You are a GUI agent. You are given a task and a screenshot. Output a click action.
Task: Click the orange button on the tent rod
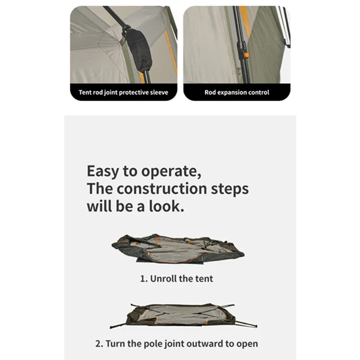pyautogui.click(x=246, y=55)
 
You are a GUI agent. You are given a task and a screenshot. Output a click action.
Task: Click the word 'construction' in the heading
pyautogui.click(x=162, y=189)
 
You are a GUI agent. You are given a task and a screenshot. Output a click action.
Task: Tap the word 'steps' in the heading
pyautogui.click(x=229, y=189)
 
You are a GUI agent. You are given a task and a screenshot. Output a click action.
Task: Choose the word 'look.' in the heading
pyautogui.click(x=166, y=206)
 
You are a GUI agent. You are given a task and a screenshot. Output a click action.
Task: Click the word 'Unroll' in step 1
pyautogui.click(x=164, y=278)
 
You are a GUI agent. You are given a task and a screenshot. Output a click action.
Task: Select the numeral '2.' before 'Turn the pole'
pyautogui.click(x=99, y=344)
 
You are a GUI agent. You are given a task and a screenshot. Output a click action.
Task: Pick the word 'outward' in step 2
pyautogui.click(x=205, y=344)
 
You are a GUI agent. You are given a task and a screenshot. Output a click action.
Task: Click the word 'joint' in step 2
pyautogui.click(x=175, y=344)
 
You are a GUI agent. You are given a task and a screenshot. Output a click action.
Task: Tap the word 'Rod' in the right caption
pyautogui.click(x=210, y=92)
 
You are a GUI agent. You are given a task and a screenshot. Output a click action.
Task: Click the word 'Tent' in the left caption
pyautogui.click(x=85, y=92)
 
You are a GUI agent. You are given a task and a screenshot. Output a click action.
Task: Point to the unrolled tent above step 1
pyautogui.click(x=178, y=249)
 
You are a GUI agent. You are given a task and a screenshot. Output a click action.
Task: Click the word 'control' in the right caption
pyautogui.click(x=258, y=92)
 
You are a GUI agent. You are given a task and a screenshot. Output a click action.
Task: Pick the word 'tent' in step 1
pyautogui.click(x=204, y=279)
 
